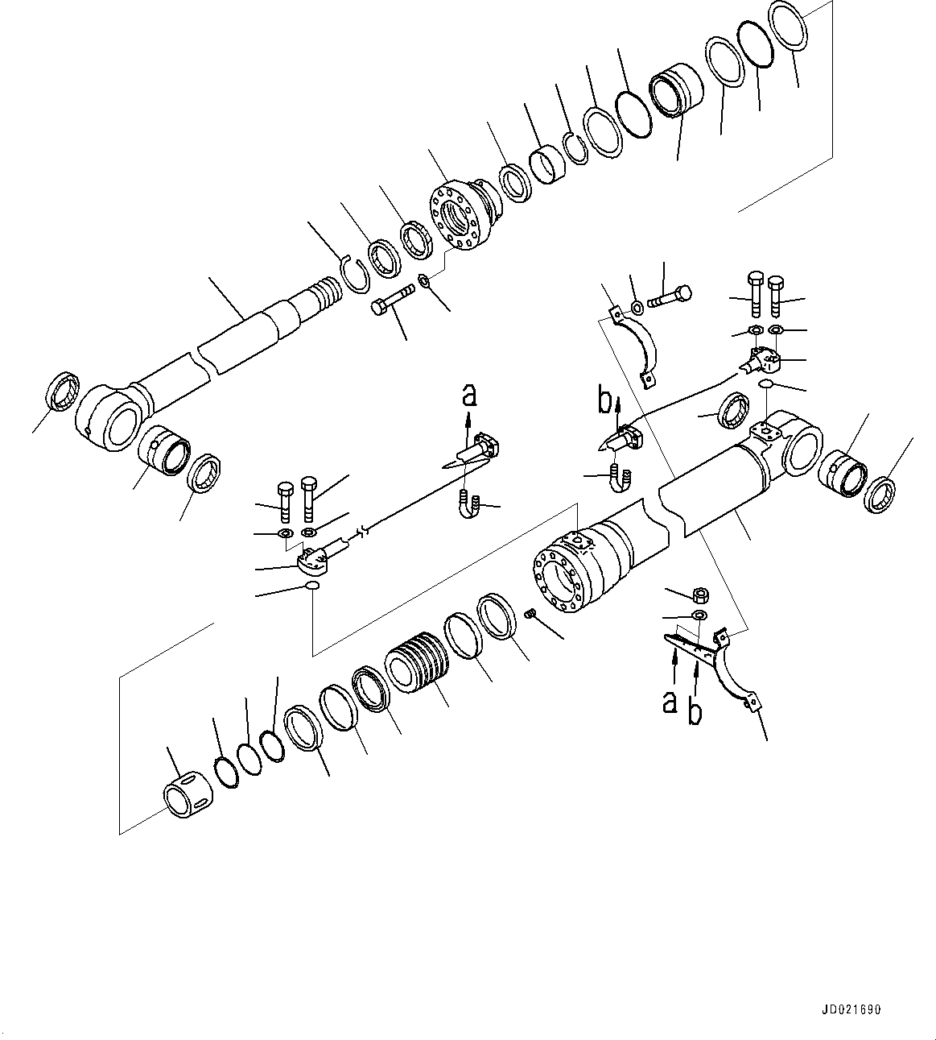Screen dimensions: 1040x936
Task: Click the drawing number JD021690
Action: pyautogui.click(x=852, y=1009)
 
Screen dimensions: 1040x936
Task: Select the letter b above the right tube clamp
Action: pyautogui.click(x=605, y=400)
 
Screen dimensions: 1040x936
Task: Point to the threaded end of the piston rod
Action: pyautogui.click(x=329, y=290)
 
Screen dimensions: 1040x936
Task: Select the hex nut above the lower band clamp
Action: pyautogui.click(x=699, y=595)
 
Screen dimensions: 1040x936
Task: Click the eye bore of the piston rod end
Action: pyautogui.click(x=121, y=425)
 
